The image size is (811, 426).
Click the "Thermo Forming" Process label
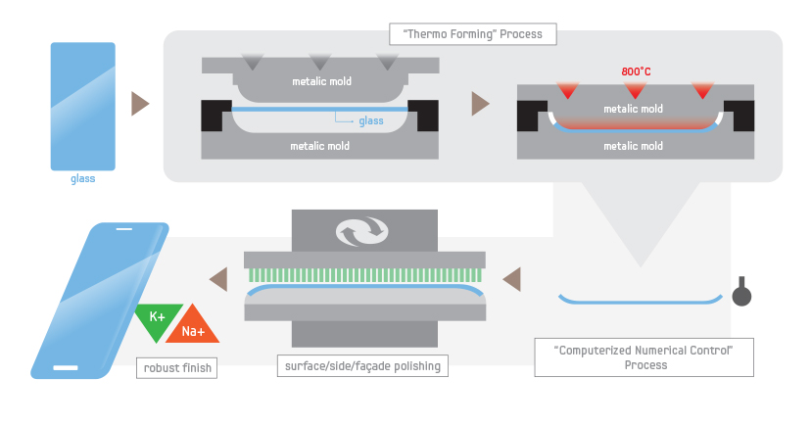coord(472,34)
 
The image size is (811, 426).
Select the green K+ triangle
coord(157,319)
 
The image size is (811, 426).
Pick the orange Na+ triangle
coord(192,331)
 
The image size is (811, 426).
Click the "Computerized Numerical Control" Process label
coord(644,357)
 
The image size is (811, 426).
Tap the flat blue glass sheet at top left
coord(83,106)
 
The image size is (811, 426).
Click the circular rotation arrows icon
coord(363,232)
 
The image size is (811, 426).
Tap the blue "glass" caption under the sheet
coord(82,179)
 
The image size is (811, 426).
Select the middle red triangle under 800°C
coord(635,91)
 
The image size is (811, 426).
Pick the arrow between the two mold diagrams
coord(480,103)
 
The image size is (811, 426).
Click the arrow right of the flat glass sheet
coord(140,103)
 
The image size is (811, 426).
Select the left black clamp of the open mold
coord(216,117)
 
